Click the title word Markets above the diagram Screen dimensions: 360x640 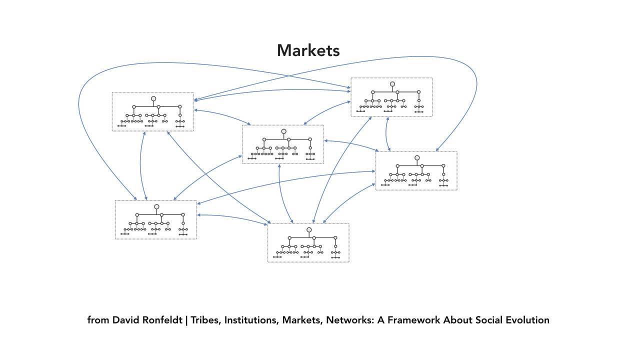click(308, 50)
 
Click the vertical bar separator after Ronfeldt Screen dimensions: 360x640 click(186, 320)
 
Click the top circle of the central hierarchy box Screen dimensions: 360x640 click(283, 131)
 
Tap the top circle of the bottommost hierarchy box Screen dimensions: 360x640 click(309, 230)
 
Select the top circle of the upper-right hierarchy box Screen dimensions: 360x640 click(392, 84)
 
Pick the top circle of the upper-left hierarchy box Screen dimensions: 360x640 click(153, 99)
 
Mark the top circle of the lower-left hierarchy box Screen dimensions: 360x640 click(156, 207)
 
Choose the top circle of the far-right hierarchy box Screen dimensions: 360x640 click(417, 158)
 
